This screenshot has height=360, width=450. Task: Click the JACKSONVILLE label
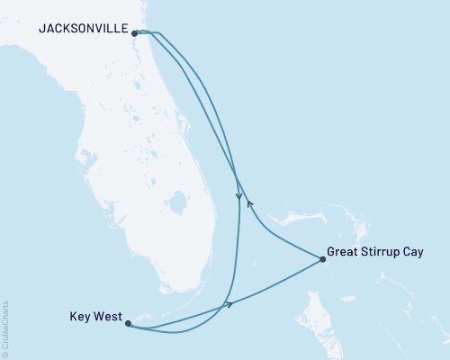(x=83, y=28)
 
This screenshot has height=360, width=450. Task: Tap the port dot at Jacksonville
(x=135, y=34)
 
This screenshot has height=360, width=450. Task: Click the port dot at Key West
(x=129, y=322)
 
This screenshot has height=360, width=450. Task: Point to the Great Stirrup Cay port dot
(x=322, y=259)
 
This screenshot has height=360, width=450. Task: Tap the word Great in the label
(x=345, y=253)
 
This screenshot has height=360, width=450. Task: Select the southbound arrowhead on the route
(x=238, y=196)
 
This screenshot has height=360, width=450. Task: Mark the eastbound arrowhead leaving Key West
(x=230, y=305)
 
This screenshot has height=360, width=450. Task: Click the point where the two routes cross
(x=236, y=173)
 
